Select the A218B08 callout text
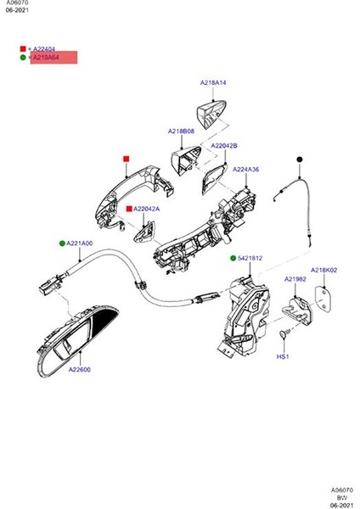181,131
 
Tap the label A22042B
224,146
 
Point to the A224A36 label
246,169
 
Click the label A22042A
146,208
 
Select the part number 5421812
250,258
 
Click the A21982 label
295,278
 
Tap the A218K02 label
324,271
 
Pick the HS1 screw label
283,357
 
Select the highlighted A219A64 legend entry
53,58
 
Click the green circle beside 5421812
232,258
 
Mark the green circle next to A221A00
62,243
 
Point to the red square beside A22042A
128,208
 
